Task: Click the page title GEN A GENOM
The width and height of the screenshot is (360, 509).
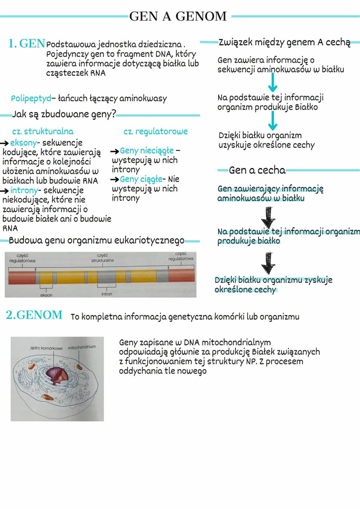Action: [178, 17]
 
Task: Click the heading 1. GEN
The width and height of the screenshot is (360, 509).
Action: [27, 43]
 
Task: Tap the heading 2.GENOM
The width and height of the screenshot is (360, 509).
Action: [34, 315]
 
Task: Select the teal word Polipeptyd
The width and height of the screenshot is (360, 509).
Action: [30, 99]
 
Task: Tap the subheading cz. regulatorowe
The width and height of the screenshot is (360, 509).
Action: [156, 131]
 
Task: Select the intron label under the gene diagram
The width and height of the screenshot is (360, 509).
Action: [107, 294]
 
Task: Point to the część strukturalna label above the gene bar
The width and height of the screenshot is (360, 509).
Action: [103, 258]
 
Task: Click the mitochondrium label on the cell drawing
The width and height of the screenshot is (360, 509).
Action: [82, 347]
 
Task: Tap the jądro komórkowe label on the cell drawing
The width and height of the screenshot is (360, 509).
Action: [47, 348]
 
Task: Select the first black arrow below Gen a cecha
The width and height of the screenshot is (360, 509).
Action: [270, 216]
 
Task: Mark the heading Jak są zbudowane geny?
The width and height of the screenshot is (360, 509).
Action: [64, 115]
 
